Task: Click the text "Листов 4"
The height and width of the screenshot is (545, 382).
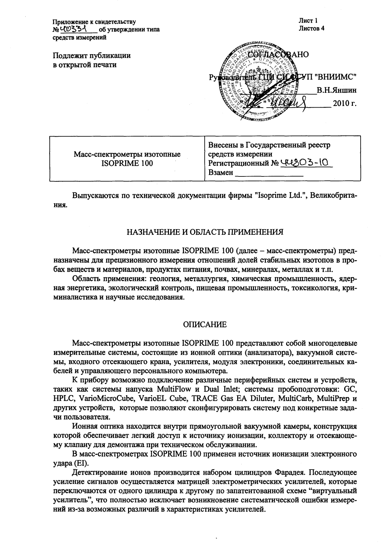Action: (311, 28)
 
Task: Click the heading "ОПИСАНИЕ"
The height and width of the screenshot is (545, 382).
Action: (205, 325)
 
